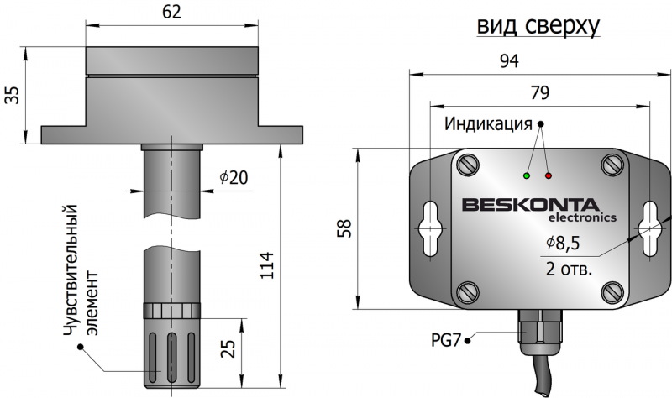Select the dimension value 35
click(12, 94)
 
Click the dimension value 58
click(344, 228)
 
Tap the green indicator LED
click(527, 176)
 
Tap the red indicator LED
click(549, 176)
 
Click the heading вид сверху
click(538, 27)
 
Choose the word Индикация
click(489, 125)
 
